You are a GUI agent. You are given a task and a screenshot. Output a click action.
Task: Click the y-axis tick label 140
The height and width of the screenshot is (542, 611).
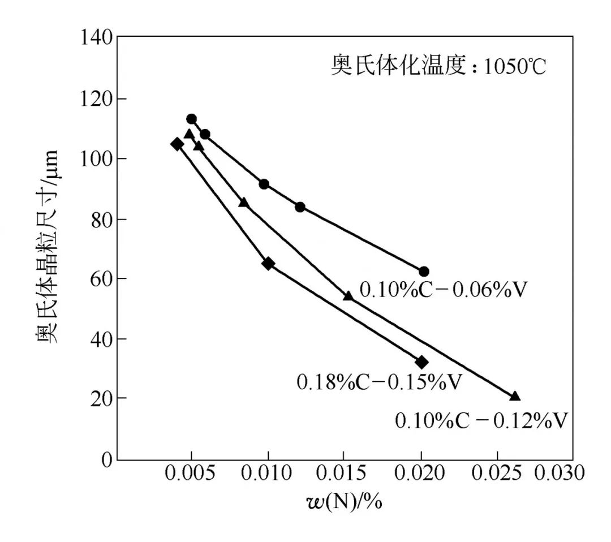[97, 39]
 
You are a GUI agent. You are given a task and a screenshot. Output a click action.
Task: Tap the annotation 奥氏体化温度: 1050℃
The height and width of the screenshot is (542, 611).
[438, 67]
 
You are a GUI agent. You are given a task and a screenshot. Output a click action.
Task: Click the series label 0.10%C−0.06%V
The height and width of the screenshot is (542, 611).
[444, 290]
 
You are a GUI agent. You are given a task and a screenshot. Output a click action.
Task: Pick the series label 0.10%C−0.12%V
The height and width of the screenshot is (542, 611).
[481, 421]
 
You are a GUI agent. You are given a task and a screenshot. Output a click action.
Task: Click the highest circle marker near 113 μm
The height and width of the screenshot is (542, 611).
[191, 119]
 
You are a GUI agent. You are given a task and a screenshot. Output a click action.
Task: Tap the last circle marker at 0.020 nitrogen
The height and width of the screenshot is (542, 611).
[424, 272]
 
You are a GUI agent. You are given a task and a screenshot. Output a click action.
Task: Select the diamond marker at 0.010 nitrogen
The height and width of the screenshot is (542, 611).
[268, 264]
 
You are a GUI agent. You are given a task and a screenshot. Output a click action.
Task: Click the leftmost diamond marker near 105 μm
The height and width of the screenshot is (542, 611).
[177, 144]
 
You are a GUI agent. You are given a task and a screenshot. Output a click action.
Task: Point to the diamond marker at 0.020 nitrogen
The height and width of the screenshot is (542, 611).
[421, 362]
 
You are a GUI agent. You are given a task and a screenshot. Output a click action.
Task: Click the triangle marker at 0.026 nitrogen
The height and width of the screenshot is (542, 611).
[515, 396]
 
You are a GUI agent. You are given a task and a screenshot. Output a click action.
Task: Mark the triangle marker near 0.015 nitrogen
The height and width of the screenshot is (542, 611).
[348, 296]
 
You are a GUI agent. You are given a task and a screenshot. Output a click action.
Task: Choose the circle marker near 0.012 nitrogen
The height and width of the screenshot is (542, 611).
[300, 207]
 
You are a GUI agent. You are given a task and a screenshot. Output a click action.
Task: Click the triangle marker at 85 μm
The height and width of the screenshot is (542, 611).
[243, 202]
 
